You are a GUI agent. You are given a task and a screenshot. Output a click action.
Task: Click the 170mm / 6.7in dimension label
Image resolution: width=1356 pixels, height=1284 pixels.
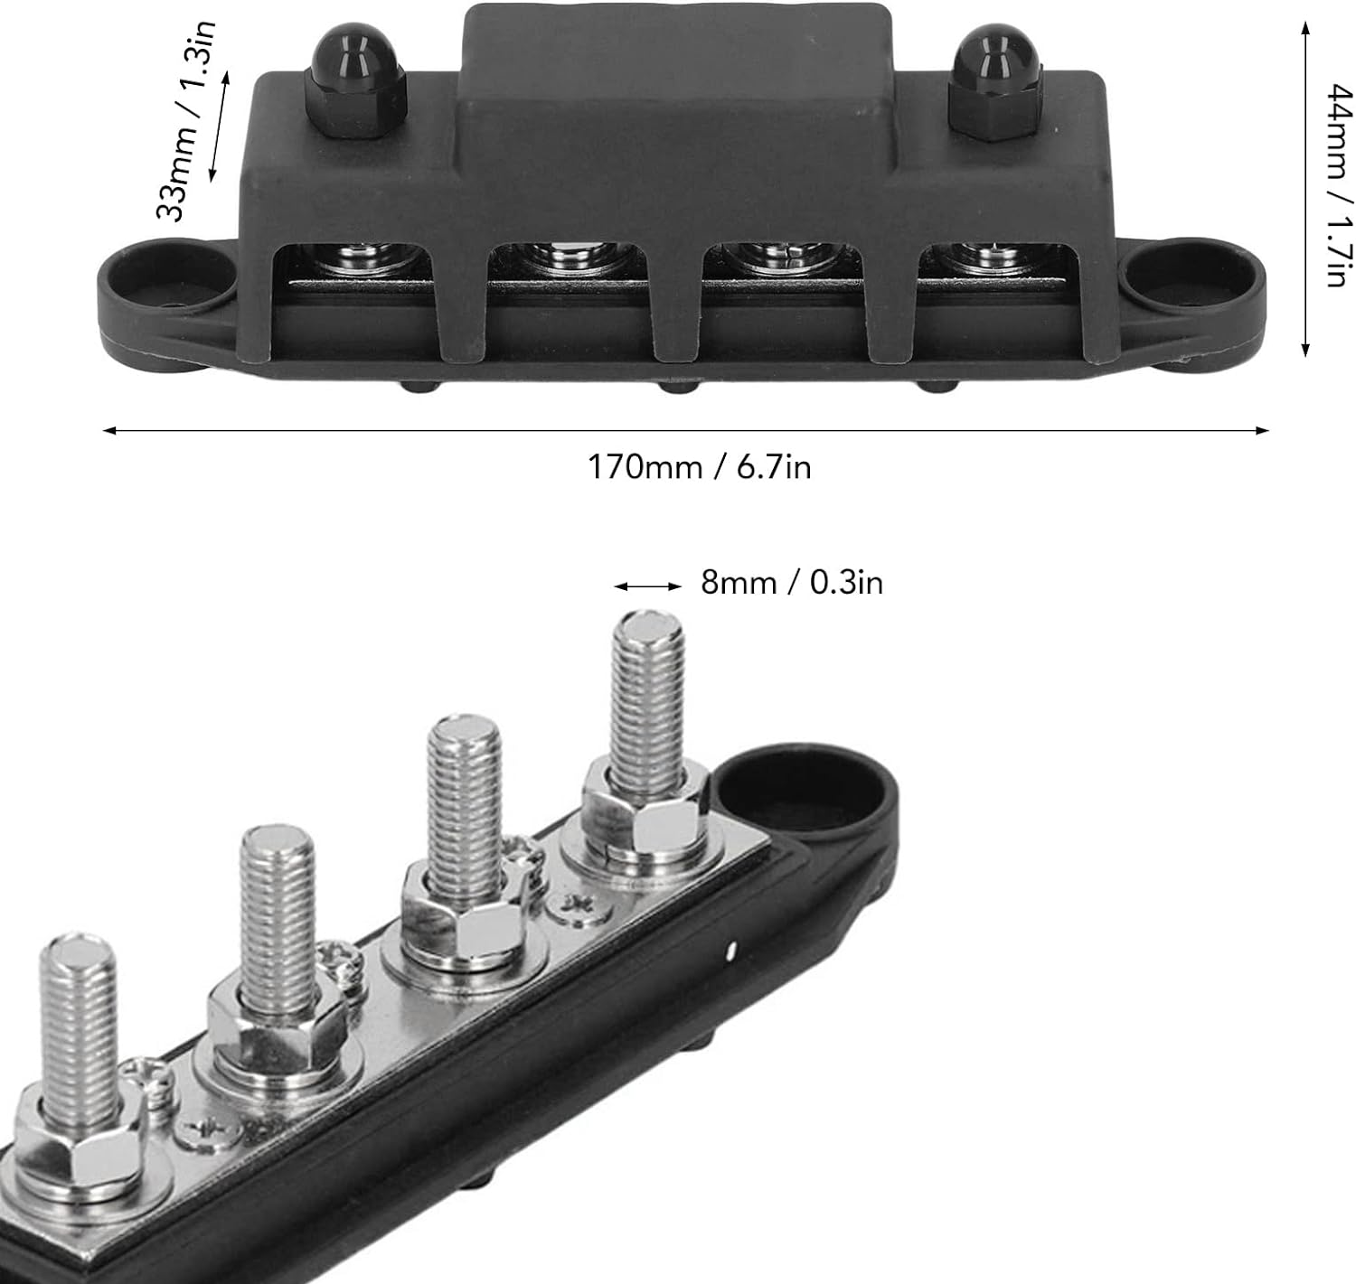pyautogui.click(x=699, y=467)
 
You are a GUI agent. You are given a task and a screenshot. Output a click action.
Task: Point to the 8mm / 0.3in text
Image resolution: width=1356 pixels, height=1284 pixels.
pyautogui.click(x=791, y=583)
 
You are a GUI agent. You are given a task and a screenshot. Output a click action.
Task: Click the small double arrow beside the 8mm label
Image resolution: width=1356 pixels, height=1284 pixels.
pyautogui.click(x=648, y=586)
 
